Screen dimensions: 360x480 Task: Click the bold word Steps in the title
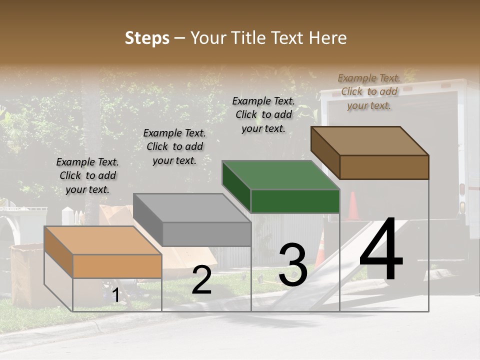(147, 38)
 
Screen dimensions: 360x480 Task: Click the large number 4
(381, 250)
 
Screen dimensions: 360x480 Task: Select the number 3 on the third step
(293, 265)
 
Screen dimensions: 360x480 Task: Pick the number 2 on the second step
(201, 280)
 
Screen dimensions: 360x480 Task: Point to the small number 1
(116, 295)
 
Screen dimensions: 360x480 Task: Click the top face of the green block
(280, 175)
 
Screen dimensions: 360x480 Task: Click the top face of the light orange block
(103, 240)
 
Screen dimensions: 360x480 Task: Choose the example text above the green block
(263, 114)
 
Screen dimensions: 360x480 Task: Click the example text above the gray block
(174, 146)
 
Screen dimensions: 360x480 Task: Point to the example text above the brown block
(369, 91)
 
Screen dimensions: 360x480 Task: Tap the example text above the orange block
(87, 175)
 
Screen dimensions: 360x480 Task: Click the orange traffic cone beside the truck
(353, 206)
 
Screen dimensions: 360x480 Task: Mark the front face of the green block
(295, 201)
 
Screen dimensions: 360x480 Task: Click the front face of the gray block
(206, 234)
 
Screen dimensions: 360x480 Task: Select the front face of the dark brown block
(384, 167)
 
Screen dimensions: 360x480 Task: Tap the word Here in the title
(328, 38)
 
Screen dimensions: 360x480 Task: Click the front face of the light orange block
(117, 266)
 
